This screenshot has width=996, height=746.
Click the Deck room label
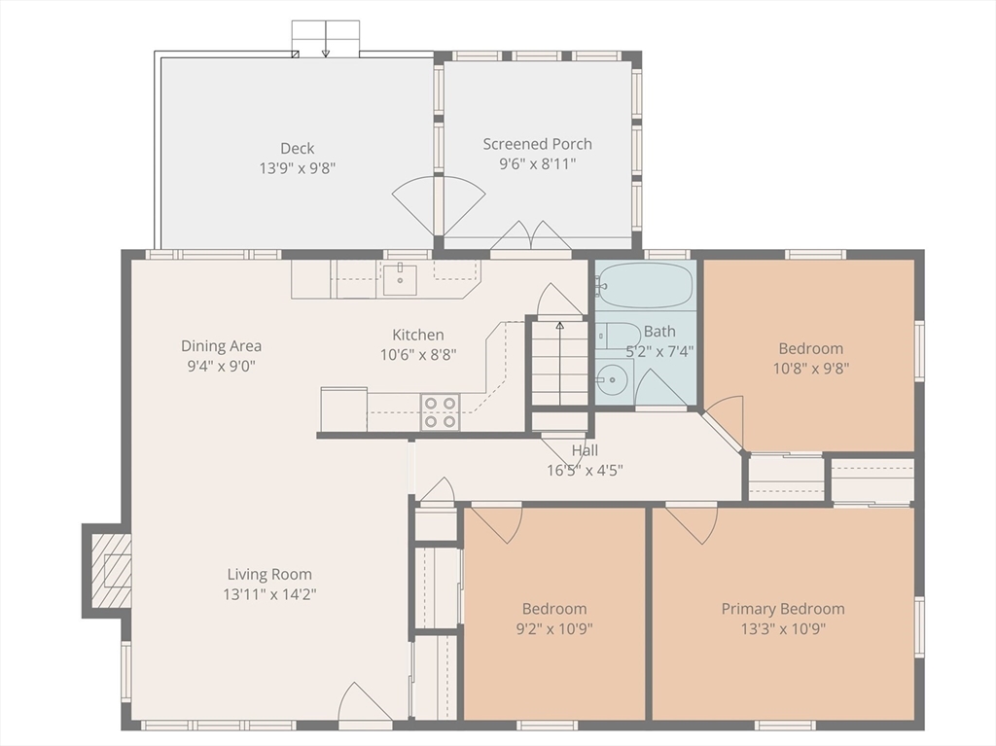pos(298,148)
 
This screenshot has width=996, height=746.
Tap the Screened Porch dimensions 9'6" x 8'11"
pos(537,164)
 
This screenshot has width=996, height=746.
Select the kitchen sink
pos(400,280)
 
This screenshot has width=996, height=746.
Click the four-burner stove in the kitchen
pos(441,412)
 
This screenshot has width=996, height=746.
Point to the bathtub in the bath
pos(645,285)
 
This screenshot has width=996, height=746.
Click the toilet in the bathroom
pos(618,337)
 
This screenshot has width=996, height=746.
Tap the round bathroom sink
pos(612,380)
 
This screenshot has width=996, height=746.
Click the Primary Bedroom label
pos(783,609)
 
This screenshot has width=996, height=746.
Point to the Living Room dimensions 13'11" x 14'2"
pos(269,594)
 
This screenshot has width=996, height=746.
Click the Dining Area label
pos(221,345)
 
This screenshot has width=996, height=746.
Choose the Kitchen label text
pos(418,335)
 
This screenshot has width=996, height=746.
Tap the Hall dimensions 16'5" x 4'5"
pos(585,470)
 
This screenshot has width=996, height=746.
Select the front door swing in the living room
pos(365,702)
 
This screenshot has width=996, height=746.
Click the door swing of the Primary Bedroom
pos(693,525)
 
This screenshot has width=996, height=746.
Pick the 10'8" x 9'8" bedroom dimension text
pos(810,369)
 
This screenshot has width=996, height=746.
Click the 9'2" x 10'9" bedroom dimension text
pos(554,629)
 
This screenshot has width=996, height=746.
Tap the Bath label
pos(659,331)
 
